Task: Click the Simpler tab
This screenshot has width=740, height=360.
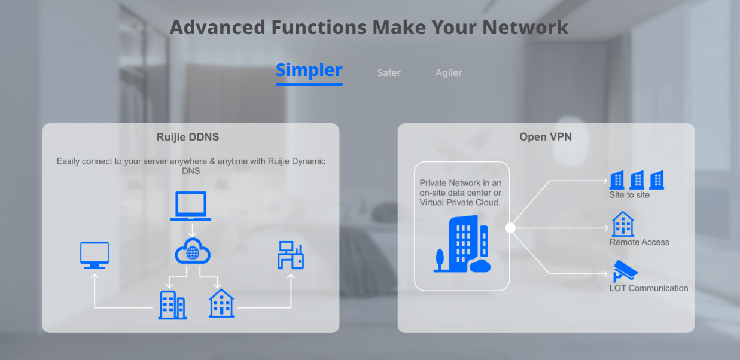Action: (x=309, y=71)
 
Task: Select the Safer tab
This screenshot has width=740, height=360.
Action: (x=389, y=73)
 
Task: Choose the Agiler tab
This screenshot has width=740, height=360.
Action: (x=449, y=73)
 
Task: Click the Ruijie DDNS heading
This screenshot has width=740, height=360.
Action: (x=188, y=137)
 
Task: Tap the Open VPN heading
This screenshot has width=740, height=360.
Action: (x=546, y=137)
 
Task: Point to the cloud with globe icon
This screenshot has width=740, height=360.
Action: (x=193, y=251)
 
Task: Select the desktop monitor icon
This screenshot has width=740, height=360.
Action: (x=95, y=255)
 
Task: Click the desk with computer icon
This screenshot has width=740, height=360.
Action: (x=290, y=255)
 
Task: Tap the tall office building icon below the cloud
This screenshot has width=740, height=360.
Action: (x=172, y=304)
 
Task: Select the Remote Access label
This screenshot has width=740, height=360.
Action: (x=639, y=242)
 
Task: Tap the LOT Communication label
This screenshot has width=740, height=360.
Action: (x=648, y=288)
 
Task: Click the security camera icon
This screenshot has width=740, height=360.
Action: (x=625, y=271)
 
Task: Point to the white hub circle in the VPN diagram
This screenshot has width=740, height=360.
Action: (x=510, y=228)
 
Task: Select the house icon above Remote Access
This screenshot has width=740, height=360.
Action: (x=623, y=224)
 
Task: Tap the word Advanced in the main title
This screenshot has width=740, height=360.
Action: (x=217, y=28)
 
